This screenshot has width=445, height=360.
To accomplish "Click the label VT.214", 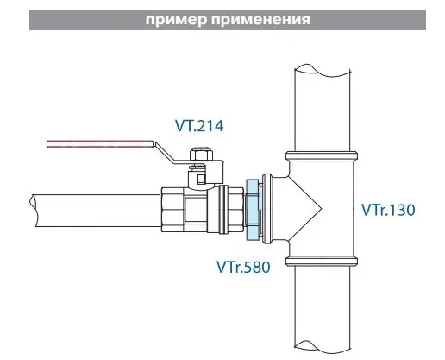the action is click(199, 126).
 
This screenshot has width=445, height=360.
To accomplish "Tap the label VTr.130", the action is click(388, 210).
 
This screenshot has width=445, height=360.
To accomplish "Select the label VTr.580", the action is click(243, 267).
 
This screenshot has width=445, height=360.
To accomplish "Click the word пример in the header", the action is click(176, 20).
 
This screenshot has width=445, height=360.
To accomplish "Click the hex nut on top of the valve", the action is click(201, 155).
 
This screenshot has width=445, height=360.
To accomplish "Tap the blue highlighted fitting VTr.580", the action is click(252, 210).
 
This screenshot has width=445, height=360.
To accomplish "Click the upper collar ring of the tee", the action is click(322, 155).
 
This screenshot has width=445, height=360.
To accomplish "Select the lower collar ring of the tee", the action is click(322, 262).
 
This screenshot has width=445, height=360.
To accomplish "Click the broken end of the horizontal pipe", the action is click(33, 211).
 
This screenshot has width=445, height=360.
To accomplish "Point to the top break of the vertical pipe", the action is click(323, 71).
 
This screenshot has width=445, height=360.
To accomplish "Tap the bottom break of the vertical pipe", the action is click(323, 348).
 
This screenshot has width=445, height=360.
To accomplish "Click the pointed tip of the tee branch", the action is click(321, 210).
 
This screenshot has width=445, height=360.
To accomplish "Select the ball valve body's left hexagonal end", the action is click(172, 210).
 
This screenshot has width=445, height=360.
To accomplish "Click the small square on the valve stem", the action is click(201, 180).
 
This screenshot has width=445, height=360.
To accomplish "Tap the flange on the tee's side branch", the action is click(266, 210).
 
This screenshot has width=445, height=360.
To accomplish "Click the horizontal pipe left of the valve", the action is click(97, 211).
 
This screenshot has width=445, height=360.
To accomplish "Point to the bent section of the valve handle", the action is click(164, 153).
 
